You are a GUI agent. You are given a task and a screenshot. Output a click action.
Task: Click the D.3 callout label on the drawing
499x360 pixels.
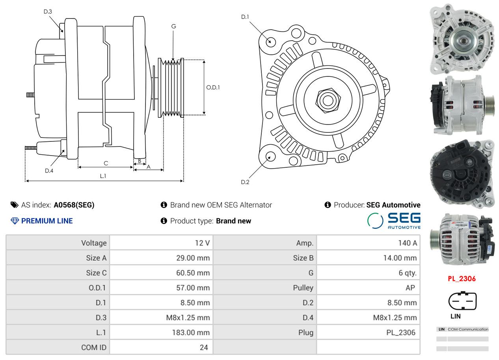click(x=48, y=11)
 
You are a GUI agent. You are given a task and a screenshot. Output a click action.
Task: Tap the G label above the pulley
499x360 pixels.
click(x=173, y=26)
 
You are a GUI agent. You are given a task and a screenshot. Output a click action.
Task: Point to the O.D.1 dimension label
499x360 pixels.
click(x=213, y=87)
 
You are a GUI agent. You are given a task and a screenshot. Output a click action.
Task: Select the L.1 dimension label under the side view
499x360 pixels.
click(x=103, y=176)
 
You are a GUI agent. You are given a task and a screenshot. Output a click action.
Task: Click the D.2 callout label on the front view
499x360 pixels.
click(x=245, y=182)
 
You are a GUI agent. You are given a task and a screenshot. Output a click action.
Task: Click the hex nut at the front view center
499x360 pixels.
click(x=328, y=100)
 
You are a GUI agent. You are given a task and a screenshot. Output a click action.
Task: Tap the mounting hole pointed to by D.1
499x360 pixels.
click(x=271, y=42)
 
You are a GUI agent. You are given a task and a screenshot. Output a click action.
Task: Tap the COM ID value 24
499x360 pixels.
click(x=204, y=347)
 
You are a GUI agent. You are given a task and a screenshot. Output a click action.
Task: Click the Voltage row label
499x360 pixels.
click(x=94, y=243)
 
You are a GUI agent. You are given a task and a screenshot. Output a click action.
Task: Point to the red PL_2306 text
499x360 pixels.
click(x=462, y=279)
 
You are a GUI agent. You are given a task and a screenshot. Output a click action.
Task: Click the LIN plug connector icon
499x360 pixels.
click(x=462, y=301)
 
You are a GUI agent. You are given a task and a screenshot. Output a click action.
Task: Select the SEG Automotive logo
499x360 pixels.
click(x=394, y=221)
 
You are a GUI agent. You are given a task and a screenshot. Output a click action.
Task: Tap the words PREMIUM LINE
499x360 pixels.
click(x=47, y=221)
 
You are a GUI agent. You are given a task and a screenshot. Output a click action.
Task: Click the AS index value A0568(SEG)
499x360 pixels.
click(x=74, y=205)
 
